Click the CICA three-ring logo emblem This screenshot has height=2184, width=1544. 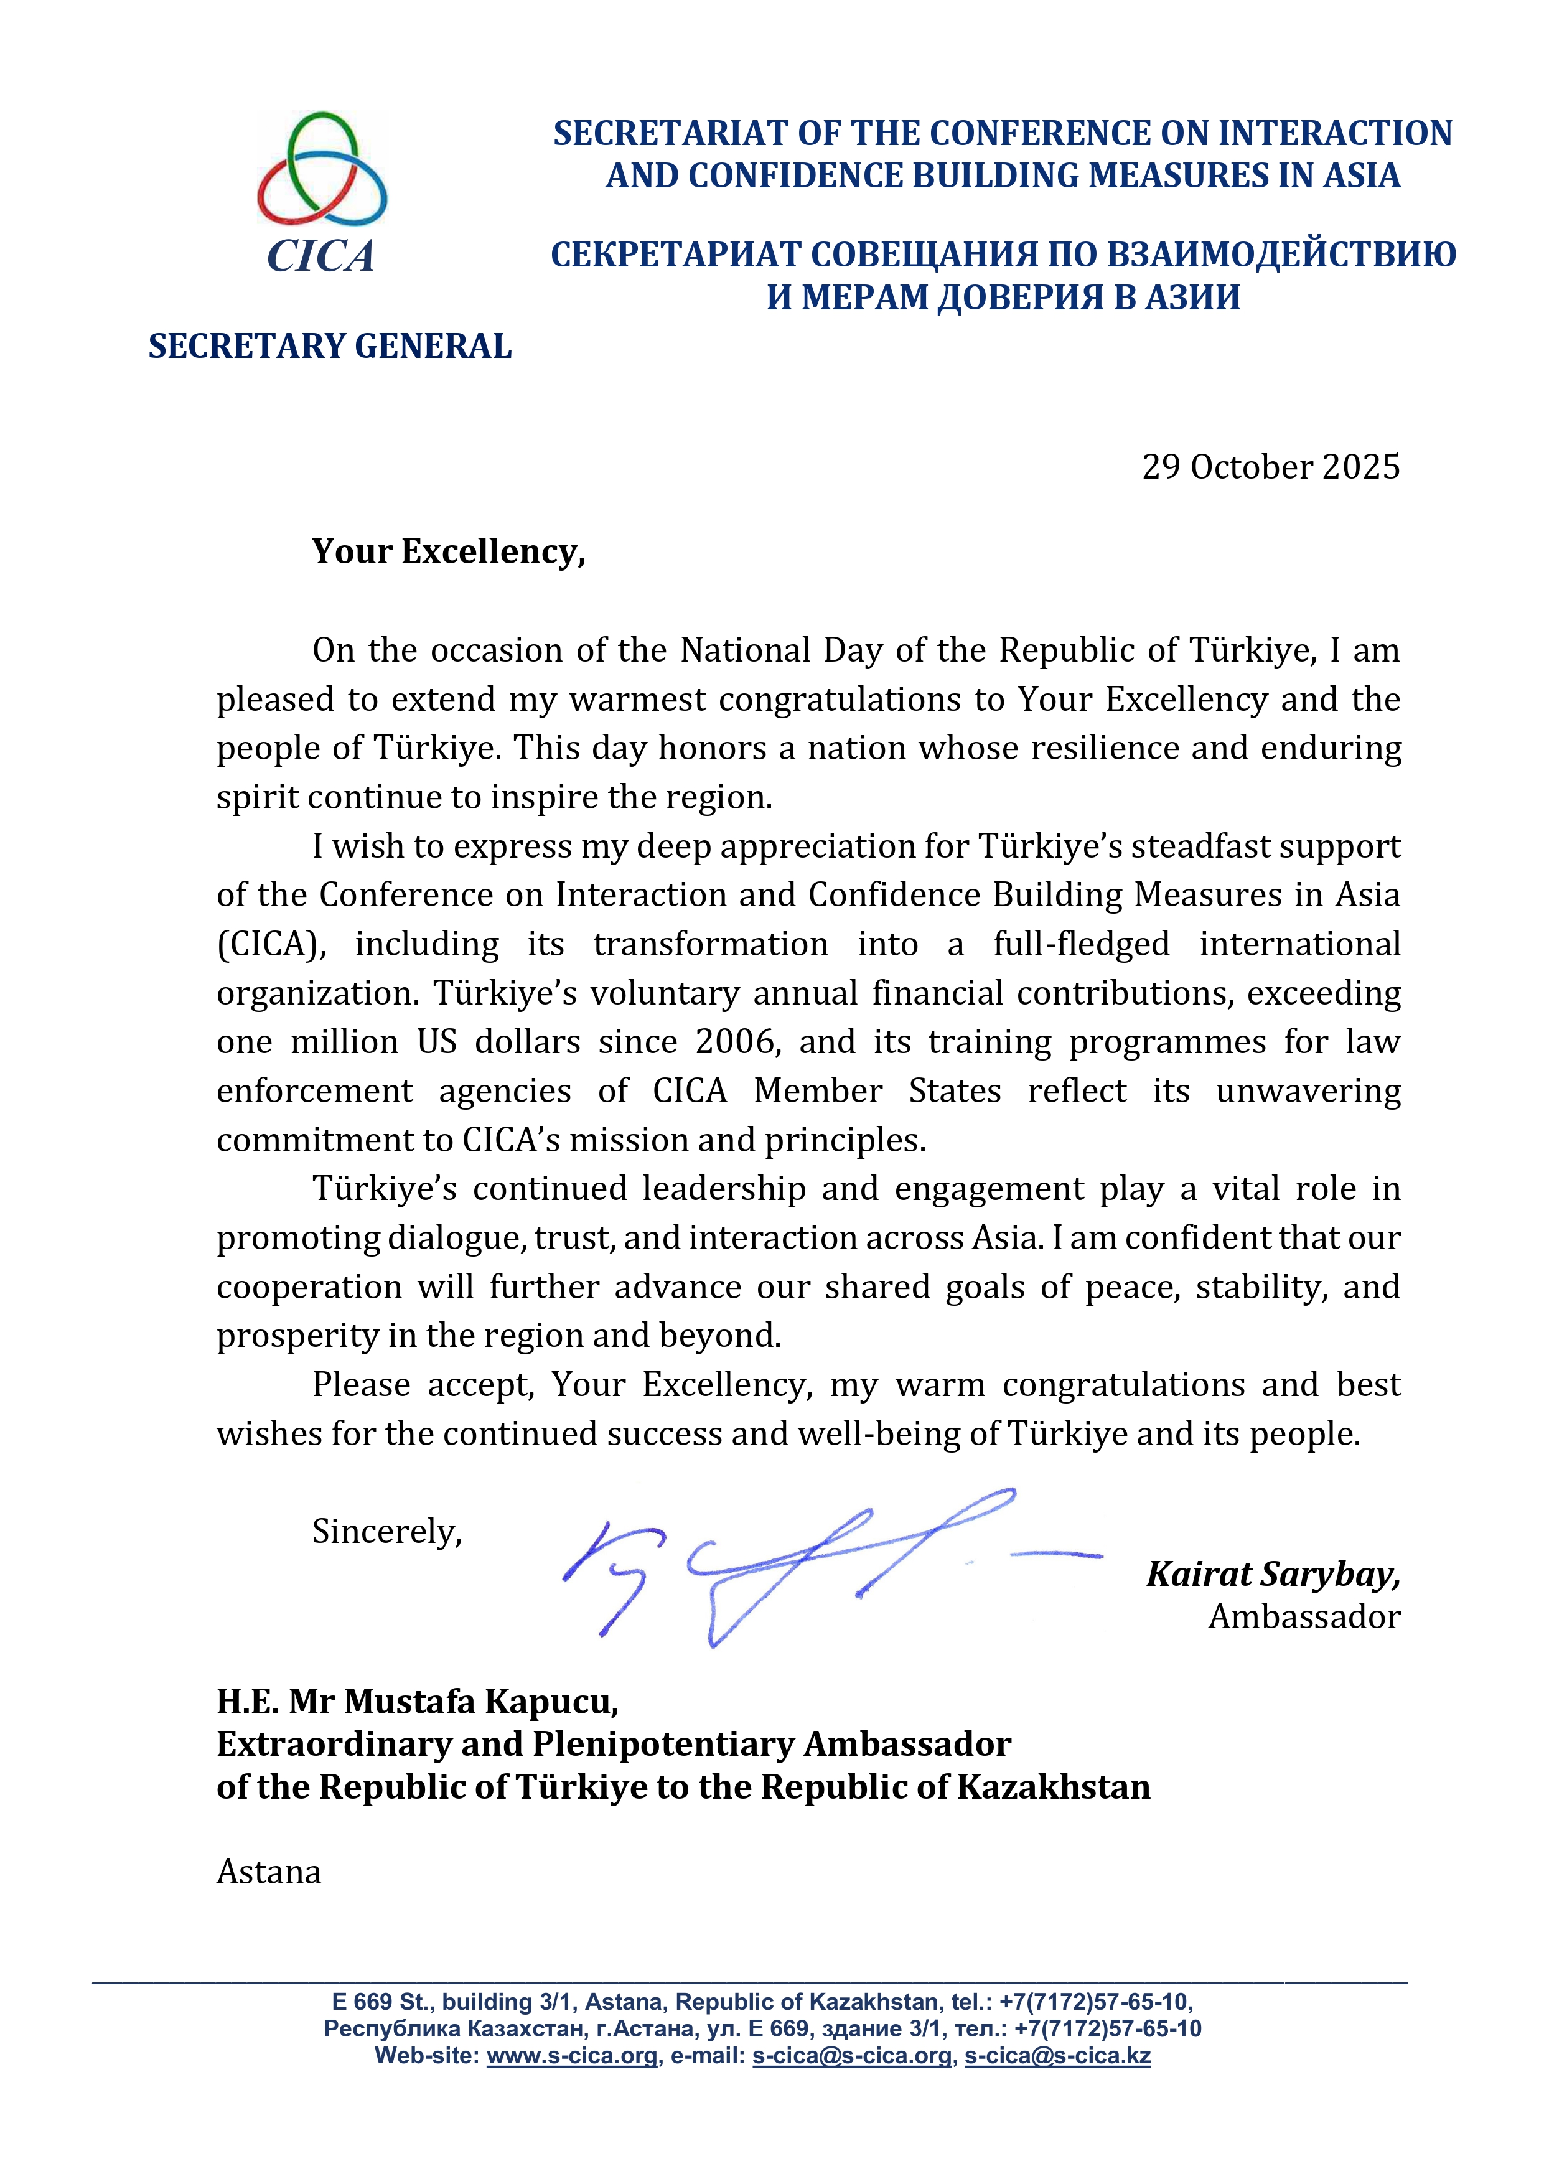(322, 169)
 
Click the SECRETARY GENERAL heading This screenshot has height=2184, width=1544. (329, 346)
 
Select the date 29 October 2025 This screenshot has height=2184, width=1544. (1270, 467)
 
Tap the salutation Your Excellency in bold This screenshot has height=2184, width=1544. (448, 551)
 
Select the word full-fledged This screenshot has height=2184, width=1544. (1081, 945)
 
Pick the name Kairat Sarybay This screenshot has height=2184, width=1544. (1272, 1574)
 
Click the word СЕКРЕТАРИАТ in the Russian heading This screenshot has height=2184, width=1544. (675, 255)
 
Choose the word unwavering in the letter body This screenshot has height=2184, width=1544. (1308, 1091)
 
